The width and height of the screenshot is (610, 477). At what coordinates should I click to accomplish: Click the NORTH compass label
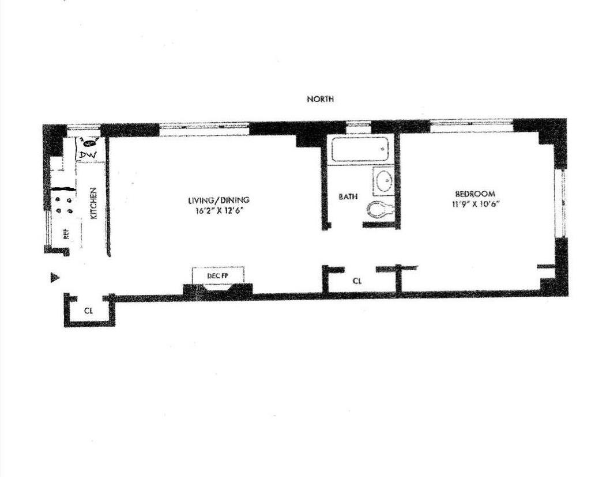[x=320, y=99]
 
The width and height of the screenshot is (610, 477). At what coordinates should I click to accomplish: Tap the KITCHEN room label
[x=94, y=204]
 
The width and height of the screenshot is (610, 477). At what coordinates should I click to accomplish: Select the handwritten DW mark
[x=88, y=155]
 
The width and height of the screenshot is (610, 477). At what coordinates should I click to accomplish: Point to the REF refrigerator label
[x=66, y=233]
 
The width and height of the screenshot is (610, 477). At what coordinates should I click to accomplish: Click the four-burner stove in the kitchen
[x=64, y=205]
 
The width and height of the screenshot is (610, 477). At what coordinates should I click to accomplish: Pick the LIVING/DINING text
[x=219, y=200]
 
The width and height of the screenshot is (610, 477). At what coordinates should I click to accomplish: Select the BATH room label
[x=348, y=196]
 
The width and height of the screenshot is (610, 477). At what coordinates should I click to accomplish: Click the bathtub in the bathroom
[x=360, y=149]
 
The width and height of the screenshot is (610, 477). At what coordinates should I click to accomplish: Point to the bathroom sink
[x=383, y=181]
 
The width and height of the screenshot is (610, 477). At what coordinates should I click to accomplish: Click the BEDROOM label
[x=476, y=194]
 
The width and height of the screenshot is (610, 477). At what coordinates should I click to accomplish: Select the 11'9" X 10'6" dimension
[x=476, y=205]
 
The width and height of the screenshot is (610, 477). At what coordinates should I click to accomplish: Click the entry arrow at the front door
[x=55, y=278]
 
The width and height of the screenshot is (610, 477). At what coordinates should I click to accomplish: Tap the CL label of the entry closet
[x=89, y=311]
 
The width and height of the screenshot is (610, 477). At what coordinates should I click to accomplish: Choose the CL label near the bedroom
[x=357, y=281]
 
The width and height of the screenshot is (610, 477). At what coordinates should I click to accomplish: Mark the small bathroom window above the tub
[x=358, y=124]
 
